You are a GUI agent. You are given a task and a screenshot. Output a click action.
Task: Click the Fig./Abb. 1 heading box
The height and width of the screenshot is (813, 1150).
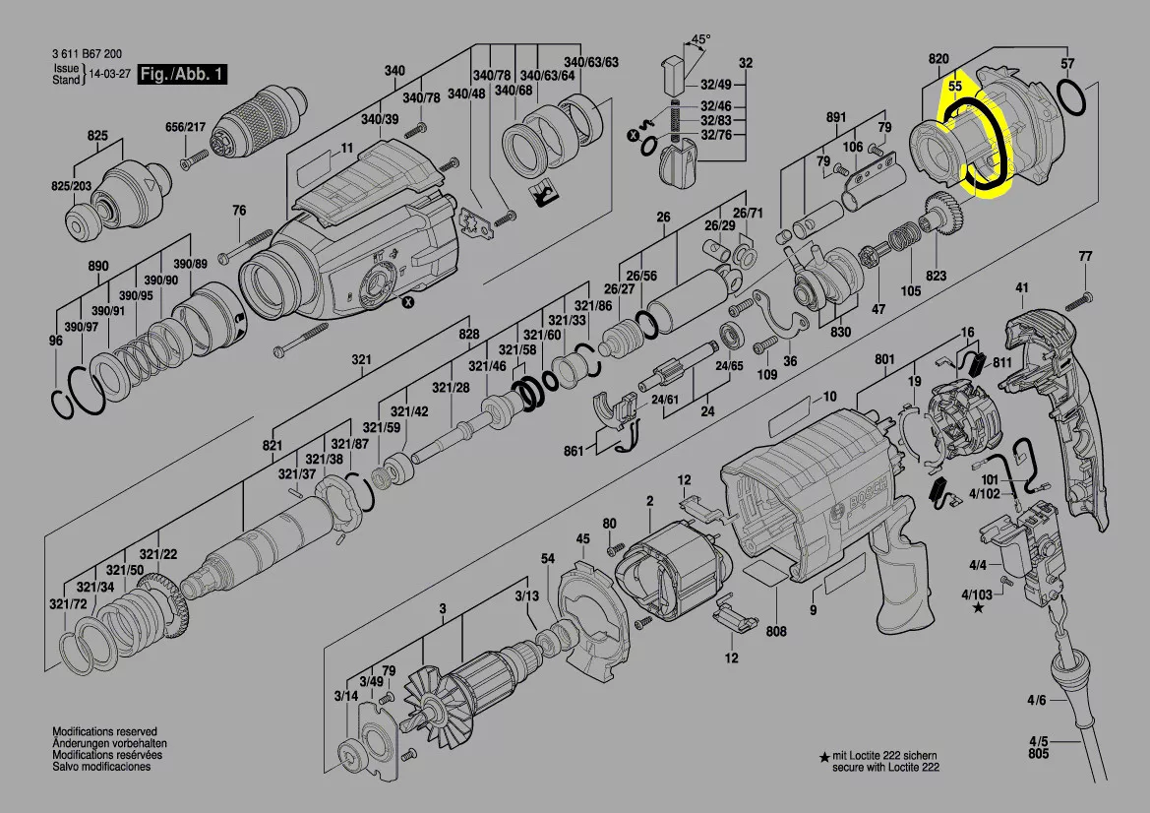(x=183, y=74)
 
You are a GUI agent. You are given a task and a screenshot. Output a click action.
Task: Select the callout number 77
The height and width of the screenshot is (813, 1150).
(x=1085, y=257)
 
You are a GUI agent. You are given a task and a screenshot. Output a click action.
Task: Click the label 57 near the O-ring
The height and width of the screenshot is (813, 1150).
(x=1067, y=64)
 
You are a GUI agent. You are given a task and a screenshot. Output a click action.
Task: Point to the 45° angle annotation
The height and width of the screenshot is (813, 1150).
(x=699, y=40)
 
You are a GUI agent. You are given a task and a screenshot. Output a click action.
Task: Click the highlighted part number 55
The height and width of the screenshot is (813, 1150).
(x=954, y=86)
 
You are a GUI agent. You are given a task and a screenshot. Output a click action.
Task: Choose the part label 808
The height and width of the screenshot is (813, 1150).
(x=776, y=630)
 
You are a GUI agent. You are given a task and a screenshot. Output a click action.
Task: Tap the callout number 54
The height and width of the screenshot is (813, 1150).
(x=548, y=559)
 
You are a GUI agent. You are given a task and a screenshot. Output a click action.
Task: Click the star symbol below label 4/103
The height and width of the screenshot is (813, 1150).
(x=978, y=608)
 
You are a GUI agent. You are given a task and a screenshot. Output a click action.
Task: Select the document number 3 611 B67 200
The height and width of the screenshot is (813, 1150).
(x=88, y=55)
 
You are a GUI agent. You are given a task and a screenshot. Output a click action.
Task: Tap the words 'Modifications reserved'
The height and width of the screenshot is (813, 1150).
(x=104, y=732)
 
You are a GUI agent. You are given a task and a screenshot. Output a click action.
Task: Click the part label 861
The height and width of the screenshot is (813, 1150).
(x=575, y=451)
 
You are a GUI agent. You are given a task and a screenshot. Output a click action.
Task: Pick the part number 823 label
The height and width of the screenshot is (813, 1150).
(x=936, y=277)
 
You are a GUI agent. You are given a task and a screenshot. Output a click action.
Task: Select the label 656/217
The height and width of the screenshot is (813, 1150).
(x=185, y=127)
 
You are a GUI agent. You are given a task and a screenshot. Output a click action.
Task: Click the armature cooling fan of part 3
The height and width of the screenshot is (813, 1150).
(x=445, y=689)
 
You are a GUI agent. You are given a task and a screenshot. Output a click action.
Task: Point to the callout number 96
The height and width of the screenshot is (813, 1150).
(x=55, y=341)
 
